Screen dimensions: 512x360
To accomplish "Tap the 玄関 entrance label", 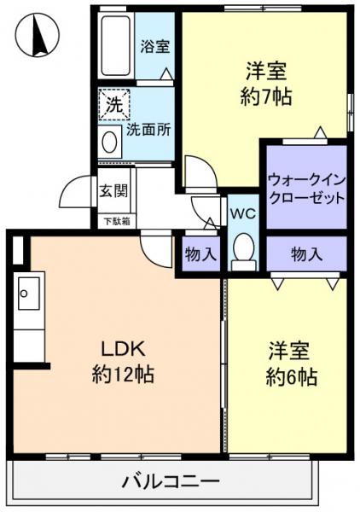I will click(111, 190).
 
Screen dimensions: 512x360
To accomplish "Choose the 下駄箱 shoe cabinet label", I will click(117, 222).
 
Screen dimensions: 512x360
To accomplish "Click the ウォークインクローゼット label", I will click(306, 188).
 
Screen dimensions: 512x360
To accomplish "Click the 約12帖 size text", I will click(123, 373).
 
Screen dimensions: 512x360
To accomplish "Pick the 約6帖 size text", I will click(291, 376).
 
